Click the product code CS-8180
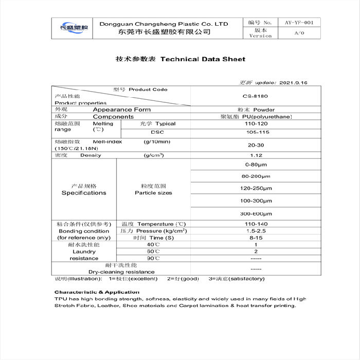click(x=256, y=96)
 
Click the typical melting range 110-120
click(x=256, y=124)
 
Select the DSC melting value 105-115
click(x=256, y=132)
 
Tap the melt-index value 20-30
click(x=256, y=145)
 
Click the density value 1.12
click(x=256, y=155)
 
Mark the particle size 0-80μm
click(x=256, y=165)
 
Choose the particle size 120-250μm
click(x=256, y=188)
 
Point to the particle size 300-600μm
click(x=256, y=213)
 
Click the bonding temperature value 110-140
click(x=256, y=224)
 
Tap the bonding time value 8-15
click(x=256, y=238)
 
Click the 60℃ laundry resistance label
click(x=153, y=251)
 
